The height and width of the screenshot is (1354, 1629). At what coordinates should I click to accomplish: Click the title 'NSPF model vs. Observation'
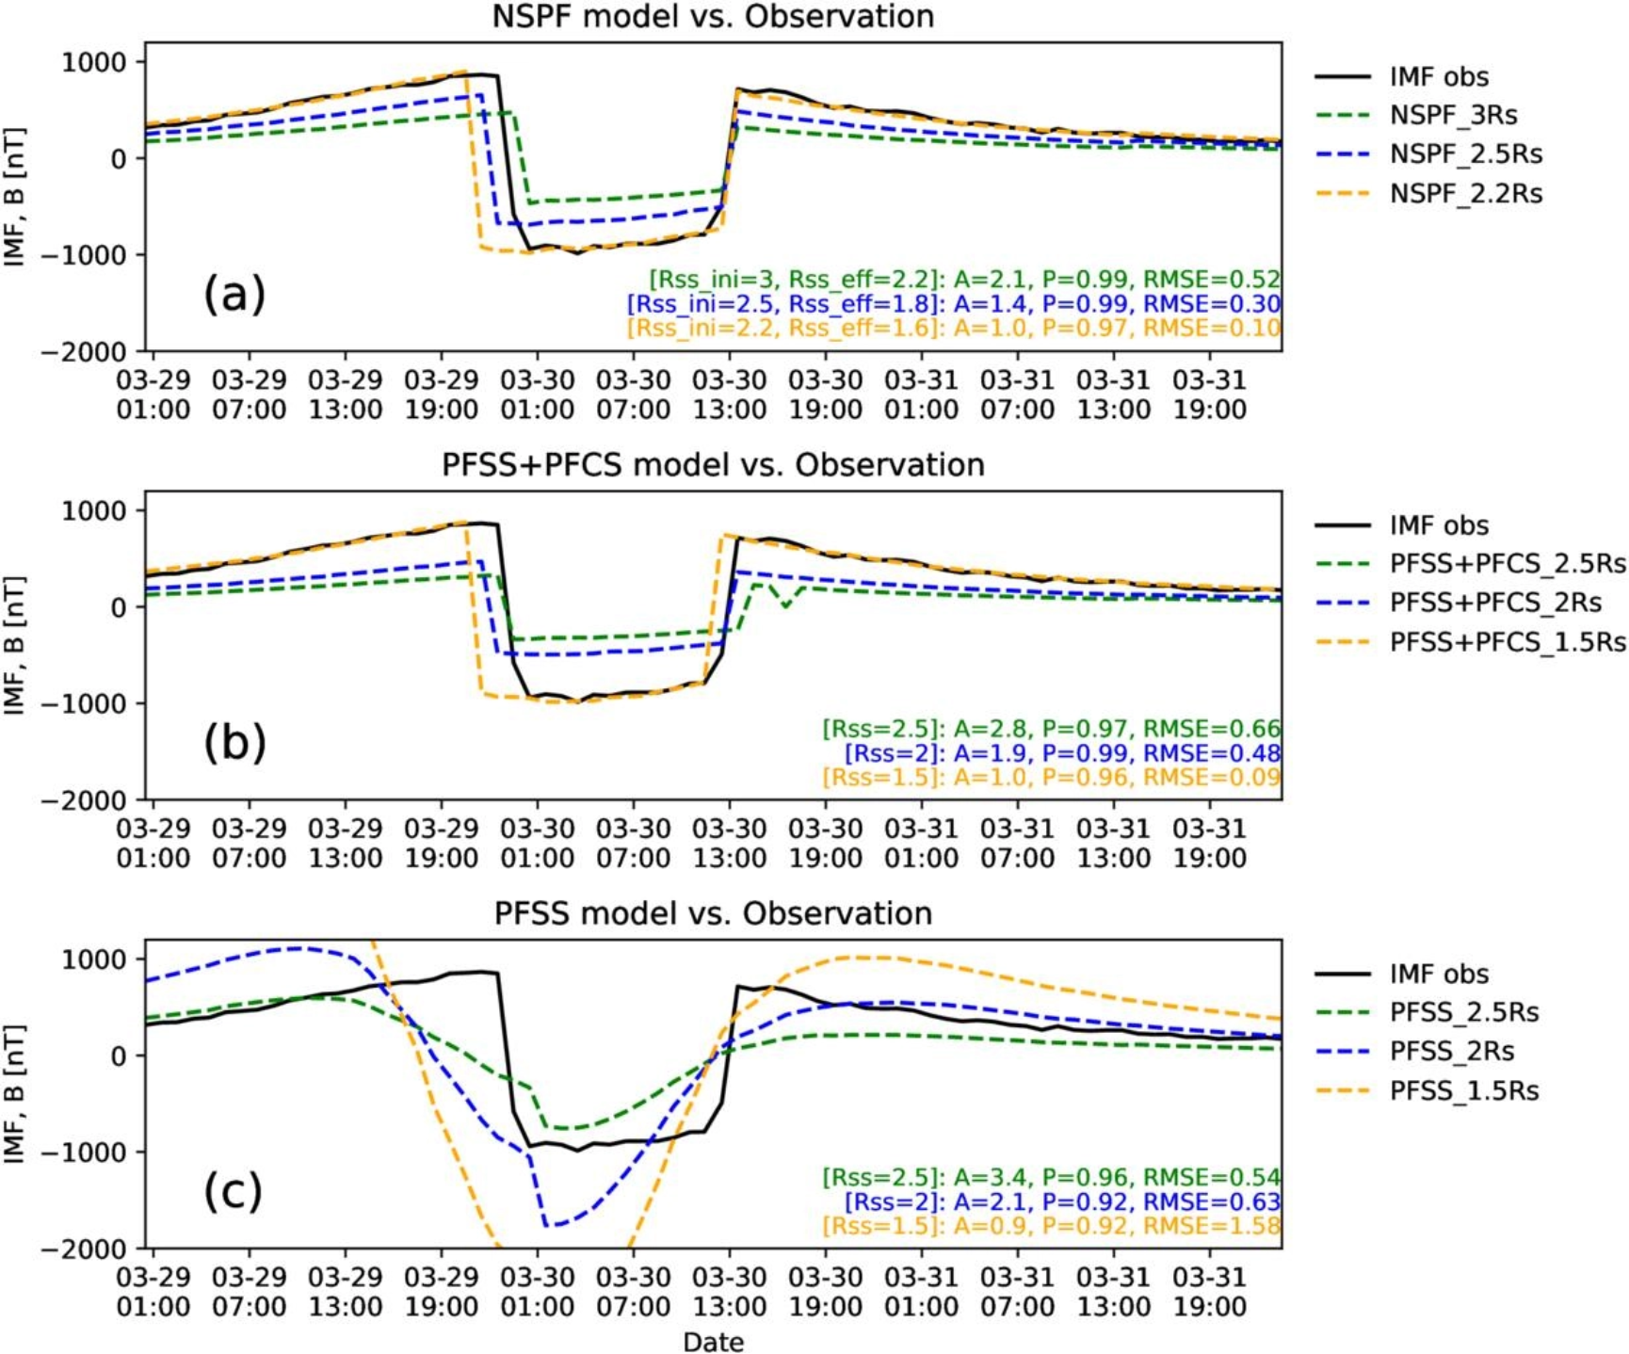click(x=713, y=16)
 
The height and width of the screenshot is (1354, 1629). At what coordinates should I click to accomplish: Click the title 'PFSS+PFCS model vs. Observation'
click(x=713, y=464)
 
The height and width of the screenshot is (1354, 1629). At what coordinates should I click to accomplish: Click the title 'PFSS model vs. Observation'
click(x=713, y=913)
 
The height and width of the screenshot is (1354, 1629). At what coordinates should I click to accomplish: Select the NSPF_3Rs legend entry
click(x=1428, y=115)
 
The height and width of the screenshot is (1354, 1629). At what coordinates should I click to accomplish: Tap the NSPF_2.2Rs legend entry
click(x=1428, y=193)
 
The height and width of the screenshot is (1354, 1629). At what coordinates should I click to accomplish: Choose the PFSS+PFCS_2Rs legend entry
click(x=1471, y=603)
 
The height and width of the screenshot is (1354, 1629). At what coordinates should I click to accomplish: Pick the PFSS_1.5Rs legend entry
click(x=1427, y=1090)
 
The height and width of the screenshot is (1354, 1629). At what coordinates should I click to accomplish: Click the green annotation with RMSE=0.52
click(x=964, y=279)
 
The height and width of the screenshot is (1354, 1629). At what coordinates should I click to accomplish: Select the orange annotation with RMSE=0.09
click(x=1052, y=777)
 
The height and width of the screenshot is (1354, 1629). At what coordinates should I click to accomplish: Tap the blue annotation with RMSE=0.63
click(x=1063, y=1201)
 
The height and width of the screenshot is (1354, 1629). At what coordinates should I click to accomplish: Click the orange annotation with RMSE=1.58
click(x=1052, y=1226)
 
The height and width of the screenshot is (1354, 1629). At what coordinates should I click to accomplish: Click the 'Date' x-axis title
click(x=713, y=1342)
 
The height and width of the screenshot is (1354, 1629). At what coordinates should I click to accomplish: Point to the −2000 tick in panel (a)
click(x=84, y=352)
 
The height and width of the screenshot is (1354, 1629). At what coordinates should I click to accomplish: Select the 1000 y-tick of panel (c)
click(x=93, y=959)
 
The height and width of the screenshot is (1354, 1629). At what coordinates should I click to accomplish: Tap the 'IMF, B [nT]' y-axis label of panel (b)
click(x=14, y=645)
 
